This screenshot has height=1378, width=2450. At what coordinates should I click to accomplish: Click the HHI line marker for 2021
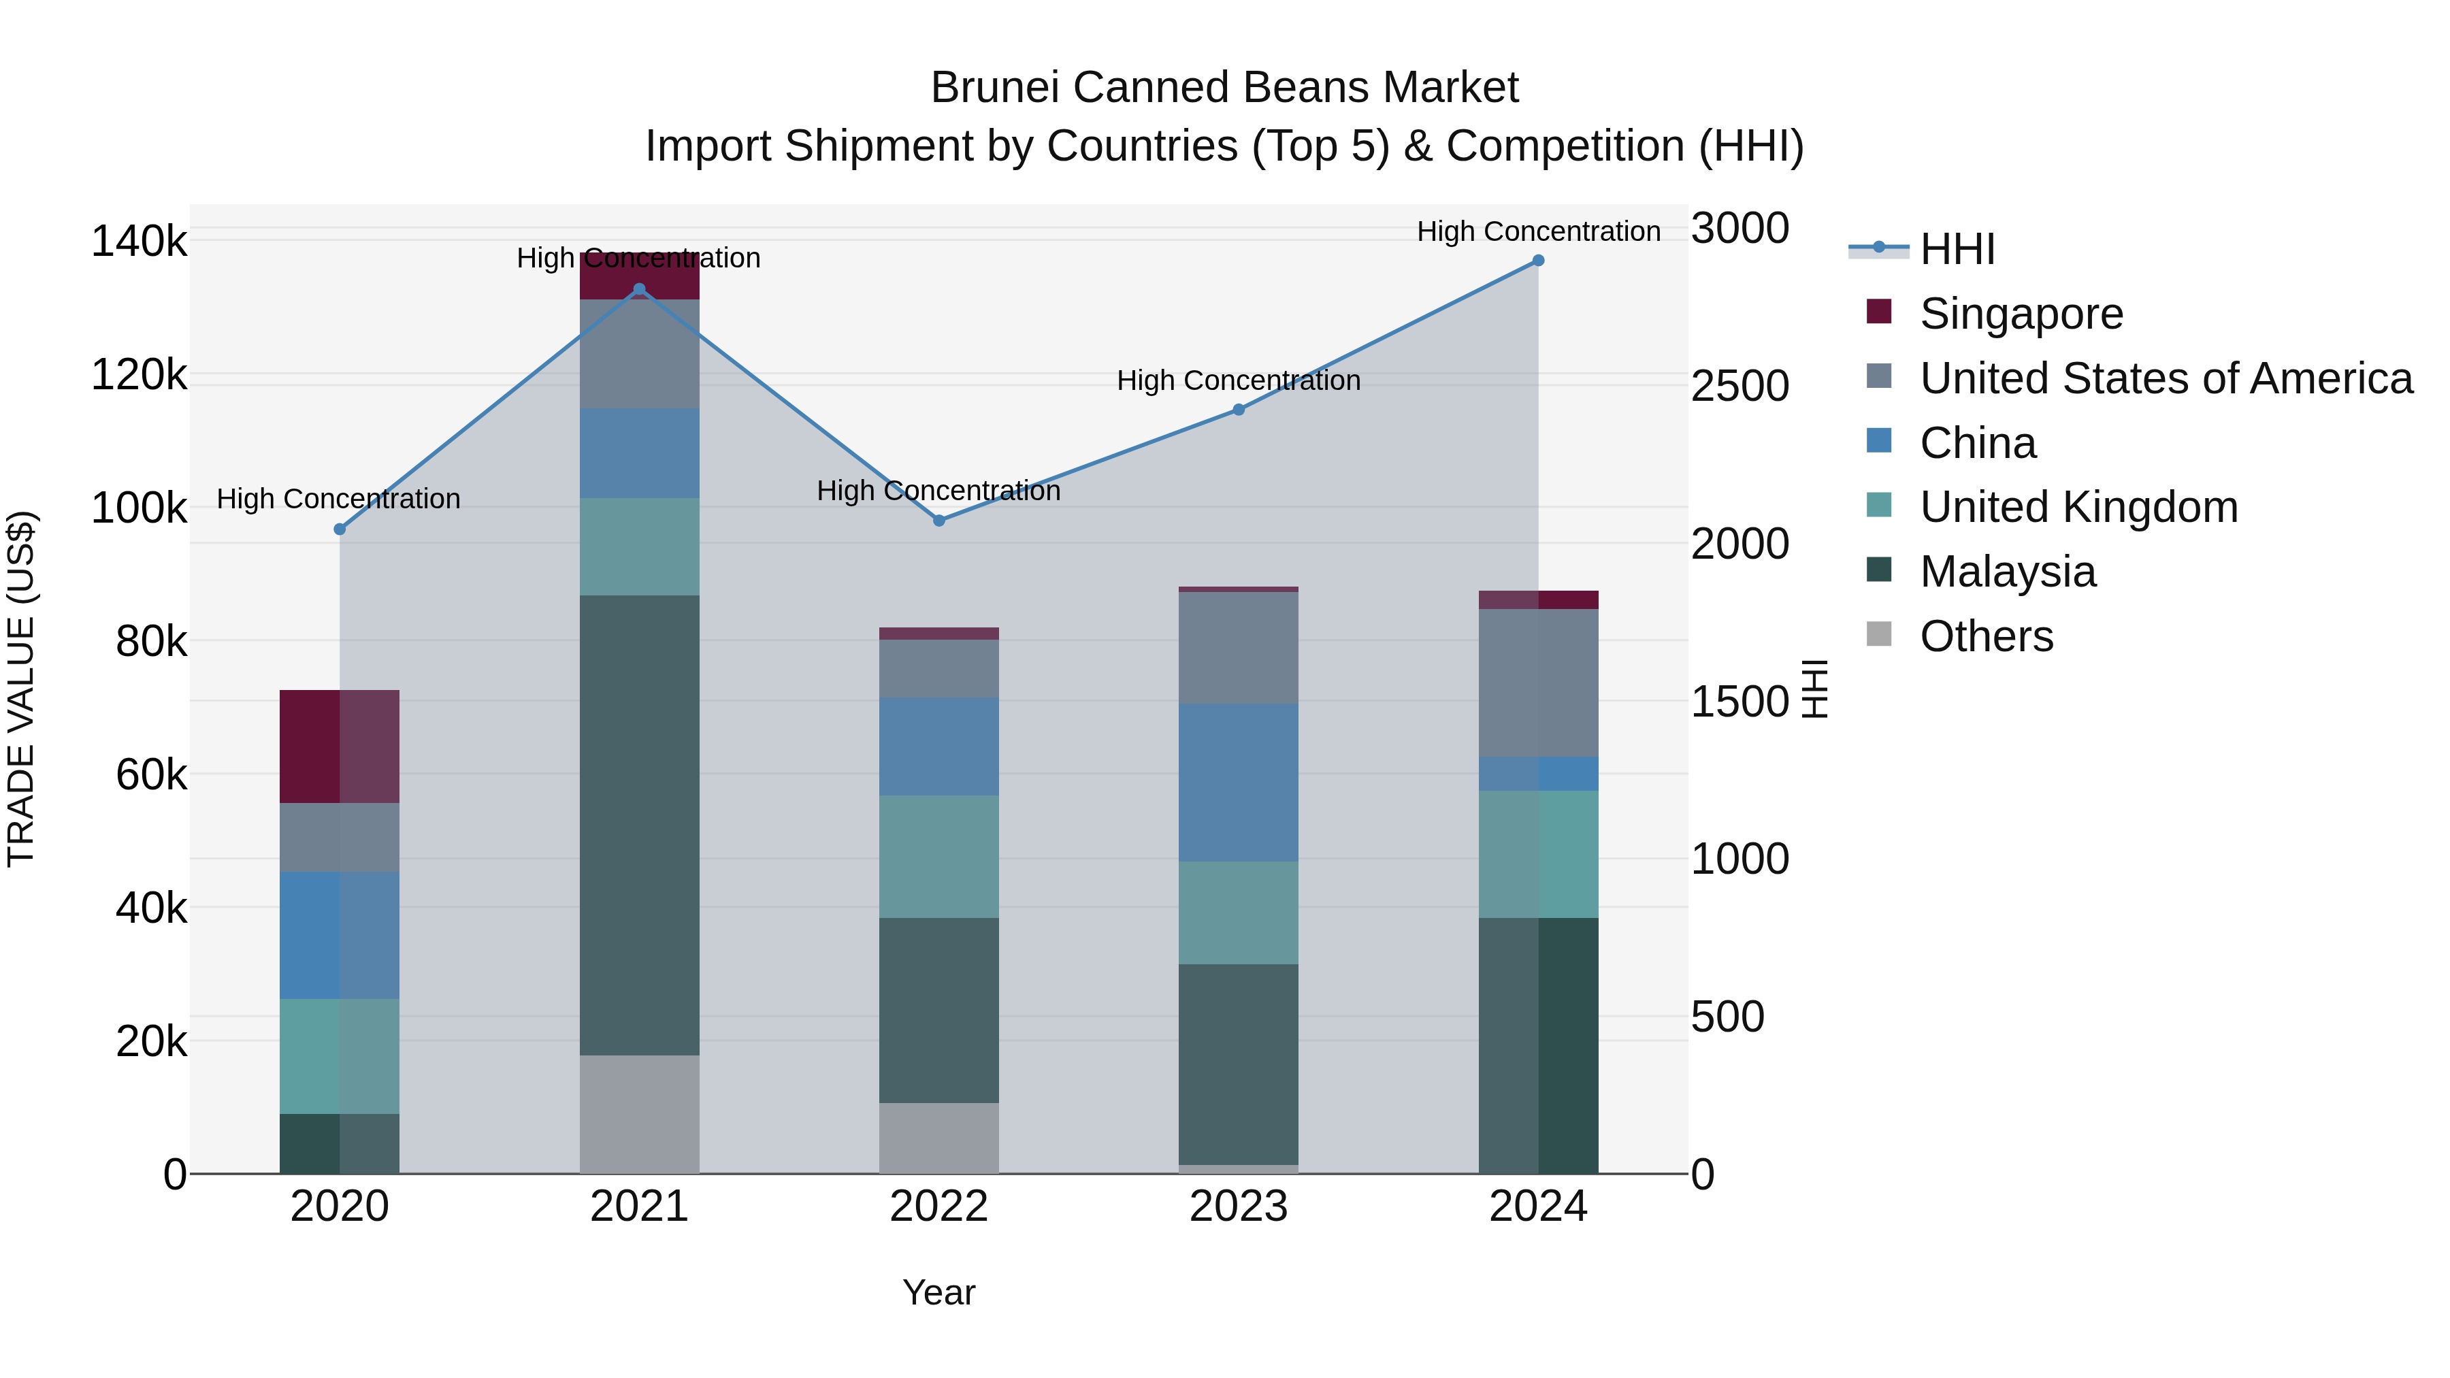pyautogui.click(x=639, y=290)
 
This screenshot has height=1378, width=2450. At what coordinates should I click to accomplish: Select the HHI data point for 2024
pyautogui.click(x=1538, y=261)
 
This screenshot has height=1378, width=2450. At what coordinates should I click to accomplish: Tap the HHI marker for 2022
pyautogui.click(x=938, y=520)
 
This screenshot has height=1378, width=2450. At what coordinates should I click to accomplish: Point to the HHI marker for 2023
pyautogui.click(x=1239, y=410)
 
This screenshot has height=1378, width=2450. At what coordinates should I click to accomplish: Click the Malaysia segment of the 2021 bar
pyautogui.click(x=639, y=825)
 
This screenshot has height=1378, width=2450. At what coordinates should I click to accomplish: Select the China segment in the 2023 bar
pyautogui.click(x=1239, y=782)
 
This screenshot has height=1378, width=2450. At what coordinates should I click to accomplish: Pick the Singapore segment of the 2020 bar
pyautogui.click(x=340, y=746)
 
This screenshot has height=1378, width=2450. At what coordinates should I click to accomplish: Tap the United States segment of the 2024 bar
pyautogui.click(x=1538, y=682)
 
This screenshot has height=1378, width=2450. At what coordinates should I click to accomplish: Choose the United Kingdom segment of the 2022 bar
pyautogui.click(x=938, y=856)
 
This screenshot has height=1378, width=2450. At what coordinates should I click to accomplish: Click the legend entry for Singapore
pyautogui.click(x=2021, y=314)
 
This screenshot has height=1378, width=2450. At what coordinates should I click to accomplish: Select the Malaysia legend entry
pyautogui.click(x=2007, y=572)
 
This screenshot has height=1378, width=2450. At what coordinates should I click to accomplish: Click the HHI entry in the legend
pyautogui.click(x=1957, y=249)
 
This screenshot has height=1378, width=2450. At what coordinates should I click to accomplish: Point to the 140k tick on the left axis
pyautogui.click(x=139, y=242)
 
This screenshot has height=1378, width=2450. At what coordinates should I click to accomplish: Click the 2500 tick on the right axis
pyautogui.click(x=1739, y=386)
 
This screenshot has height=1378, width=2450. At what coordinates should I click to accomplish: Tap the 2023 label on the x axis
pyautogui.click(x=1239, y=1207)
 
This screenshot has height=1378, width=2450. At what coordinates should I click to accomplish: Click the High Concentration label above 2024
pyautogui.click(x=1538, y=231)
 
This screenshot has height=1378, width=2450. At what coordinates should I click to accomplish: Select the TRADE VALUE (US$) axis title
pyautogui.click(x=21, y=689)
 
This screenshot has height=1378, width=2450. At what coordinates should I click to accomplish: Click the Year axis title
pyautogui.click(x=938, y=1292)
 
